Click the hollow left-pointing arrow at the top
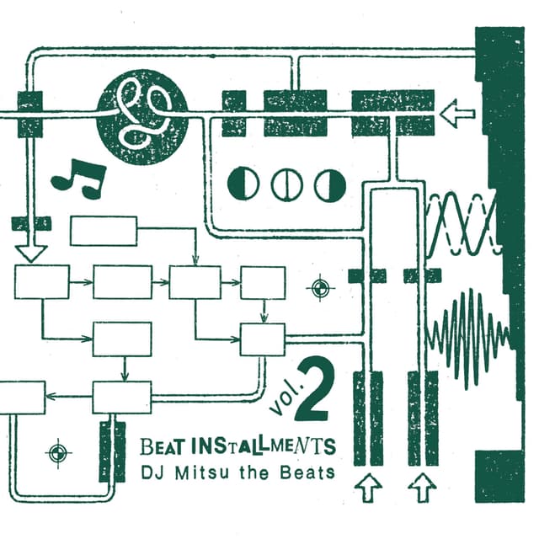coord(459,112)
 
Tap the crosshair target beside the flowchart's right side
coord(319,289)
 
